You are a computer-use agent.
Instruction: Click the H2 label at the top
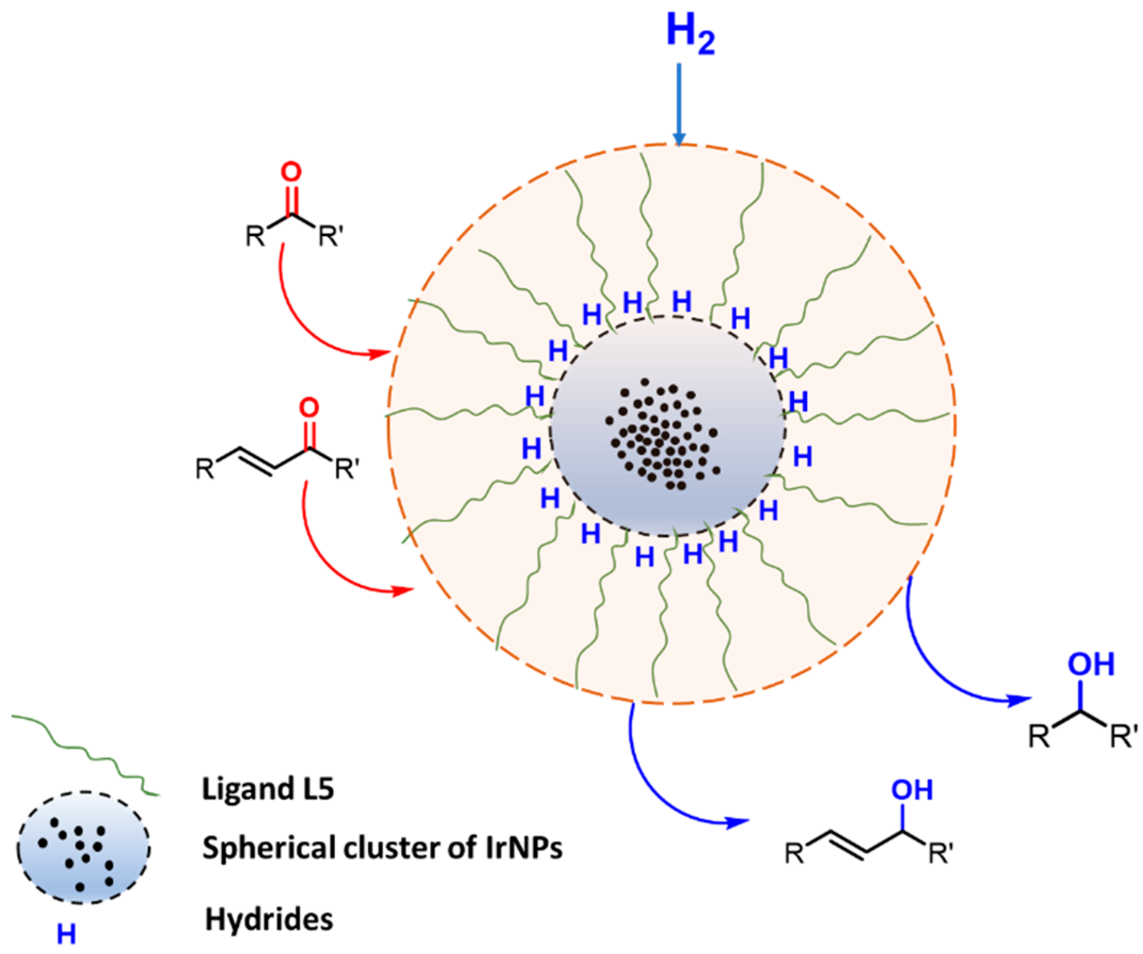[690, 35]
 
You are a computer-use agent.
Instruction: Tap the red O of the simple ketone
[291, 172]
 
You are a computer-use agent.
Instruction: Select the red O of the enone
[309, 408]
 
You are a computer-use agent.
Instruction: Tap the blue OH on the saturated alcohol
[1091, 665]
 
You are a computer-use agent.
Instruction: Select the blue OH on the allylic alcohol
[912, 790]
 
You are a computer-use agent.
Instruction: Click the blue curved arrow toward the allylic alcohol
[653, 778]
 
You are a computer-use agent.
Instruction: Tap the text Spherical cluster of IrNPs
[382, 848]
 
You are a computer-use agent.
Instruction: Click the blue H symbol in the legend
[66, 935]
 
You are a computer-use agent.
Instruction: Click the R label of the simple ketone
[255, 236]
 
